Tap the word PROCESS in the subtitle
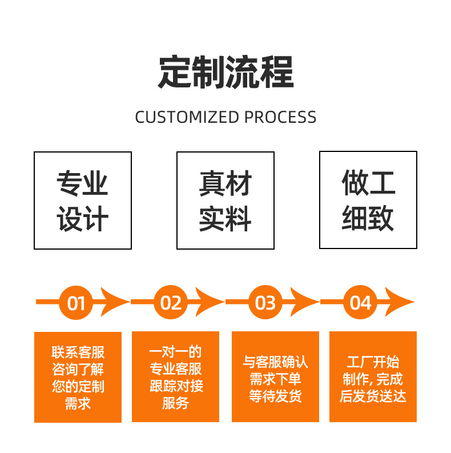[x=280, y=117]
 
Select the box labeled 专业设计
[x=83, y=200]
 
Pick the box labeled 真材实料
[x=226, y=200]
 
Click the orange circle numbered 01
[x=76, y=303]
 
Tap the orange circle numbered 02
[x=171, y=303]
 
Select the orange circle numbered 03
[x=265, y=303]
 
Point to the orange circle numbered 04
[x=360, y=303]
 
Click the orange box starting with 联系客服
[x=78, y=377]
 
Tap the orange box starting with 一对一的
[x=175, y=377]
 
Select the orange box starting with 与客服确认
[x=275, y=377]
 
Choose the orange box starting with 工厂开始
[x=373, y=377]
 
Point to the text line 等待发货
[x=275, y=396]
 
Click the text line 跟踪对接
[x=176, y=386]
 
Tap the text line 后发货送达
[x=373, y=396]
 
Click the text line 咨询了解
[x=78, y=369]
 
